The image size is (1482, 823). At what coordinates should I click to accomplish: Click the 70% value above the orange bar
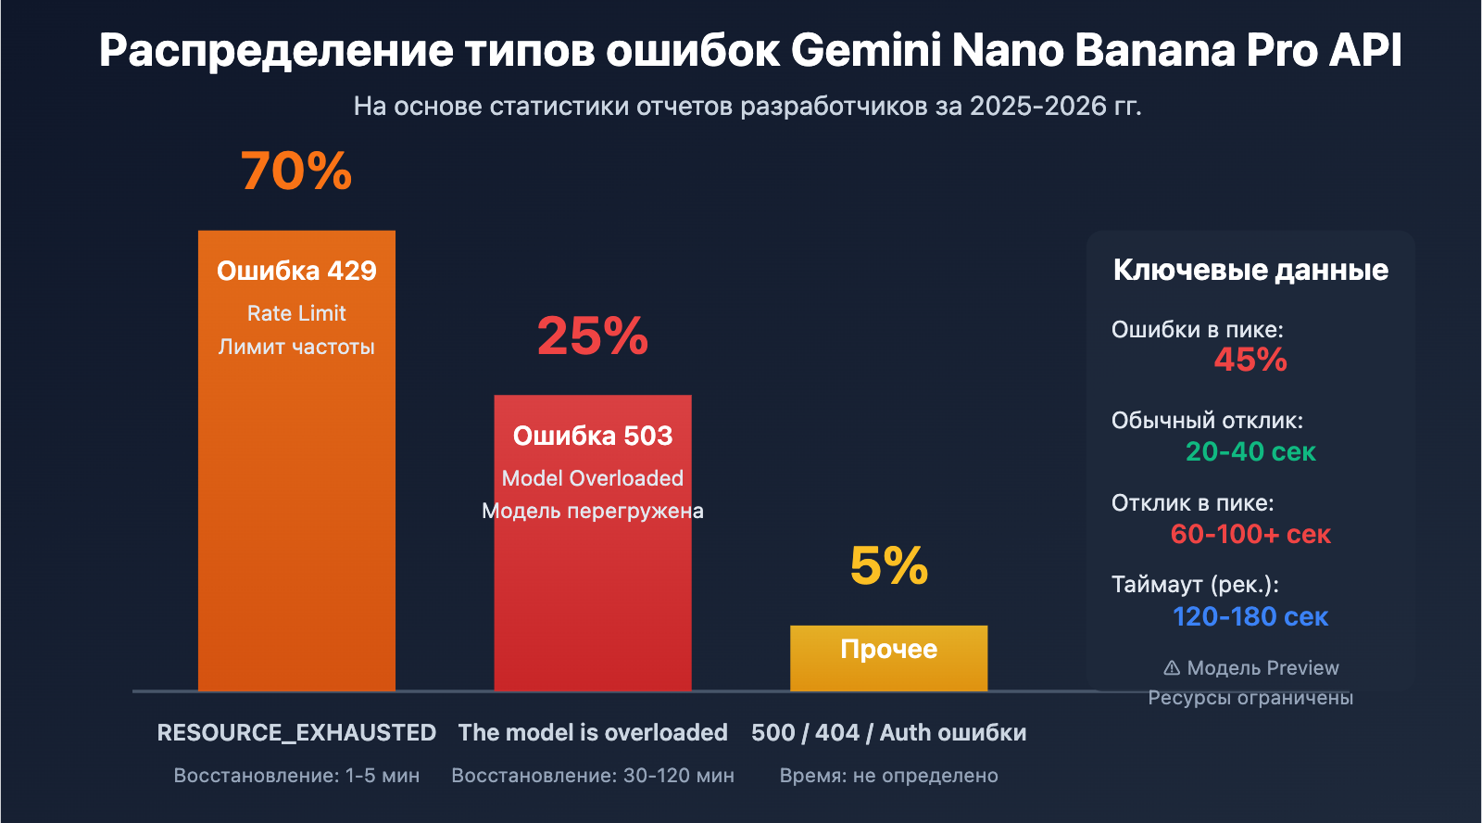point(296,171)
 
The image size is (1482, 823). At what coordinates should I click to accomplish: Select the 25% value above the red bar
point(593,336)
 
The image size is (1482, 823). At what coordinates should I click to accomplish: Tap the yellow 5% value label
point(888,565)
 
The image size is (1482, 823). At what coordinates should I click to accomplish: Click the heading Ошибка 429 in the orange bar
point(296,271)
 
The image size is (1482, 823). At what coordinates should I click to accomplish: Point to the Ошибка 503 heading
point(593,436)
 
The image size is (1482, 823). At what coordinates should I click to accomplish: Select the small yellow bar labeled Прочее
point(888,658)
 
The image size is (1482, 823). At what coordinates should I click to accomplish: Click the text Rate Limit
point(296,313)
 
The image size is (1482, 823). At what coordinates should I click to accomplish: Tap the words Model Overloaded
point(593,478)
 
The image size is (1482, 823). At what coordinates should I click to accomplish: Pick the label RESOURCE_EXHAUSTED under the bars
point(296,732)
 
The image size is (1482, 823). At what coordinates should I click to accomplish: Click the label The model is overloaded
point(593,732)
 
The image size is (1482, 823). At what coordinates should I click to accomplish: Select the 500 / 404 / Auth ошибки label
point(888,732)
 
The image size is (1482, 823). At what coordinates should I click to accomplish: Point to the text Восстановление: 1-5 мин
point(296,776)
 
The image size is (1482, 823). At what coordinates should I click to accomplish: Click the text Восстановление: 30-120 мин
point(593,776)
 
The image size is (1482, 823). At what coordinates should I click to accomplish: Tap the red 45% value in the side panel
point(1250,360)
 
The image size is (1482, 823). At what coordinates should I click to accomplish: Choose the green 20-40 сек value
point(1250,451)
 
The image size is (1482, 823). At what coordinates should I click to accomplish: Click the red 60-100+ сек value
point(1250,534)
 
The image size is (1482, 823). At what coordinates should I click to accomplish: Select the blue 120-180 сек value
point(1250,616)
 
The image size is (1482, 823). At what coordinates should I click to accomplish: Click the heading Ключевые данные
point(1250,270)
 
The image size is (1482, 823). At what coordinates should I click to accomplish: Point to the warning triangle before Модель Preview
point(1172,667)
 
